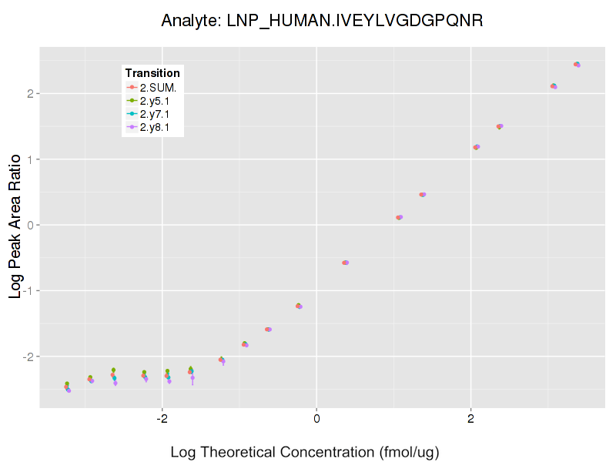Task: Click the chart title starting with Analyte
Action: [322, 21]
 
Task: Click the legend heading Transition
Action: [152, 73]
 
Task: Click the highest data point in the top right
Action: [577, 65]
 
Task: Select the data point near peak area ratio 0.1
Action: [399, 217]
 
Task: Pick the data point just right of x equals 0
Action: [345, 263]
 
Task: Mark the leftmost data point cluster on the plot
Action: [67, 387]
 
